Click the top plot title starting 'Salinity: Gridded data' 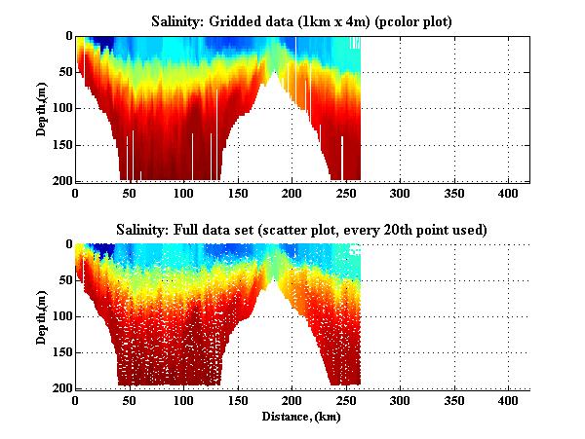pyautogui.click(x=301, y=20)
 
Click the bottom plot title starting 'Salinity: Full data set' pyautogui.click(x=301, y=229)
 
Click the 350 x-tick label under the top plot pyautogui.click(x=453, y=193)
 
